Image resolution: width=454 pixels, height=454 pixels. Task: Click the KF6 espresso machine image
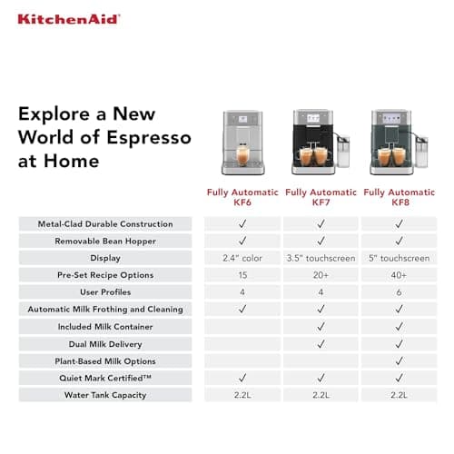[242, 143]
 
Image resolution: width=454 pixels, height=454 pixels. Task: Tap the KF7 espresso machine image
[319, 143]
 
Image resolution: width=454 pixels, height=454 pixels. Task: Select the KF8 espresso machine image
[396, 143]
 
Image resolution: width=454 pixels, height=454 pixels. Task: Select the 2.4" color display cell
[242, 258]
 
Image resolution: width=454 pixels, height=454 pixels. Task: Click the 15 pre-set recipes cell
[242, 275]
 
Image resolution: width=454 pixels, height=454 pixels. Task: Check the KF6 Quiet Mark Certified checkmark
[242, 378]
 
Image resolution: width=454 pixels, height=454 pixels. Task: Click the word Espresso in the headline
[146, 138]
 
